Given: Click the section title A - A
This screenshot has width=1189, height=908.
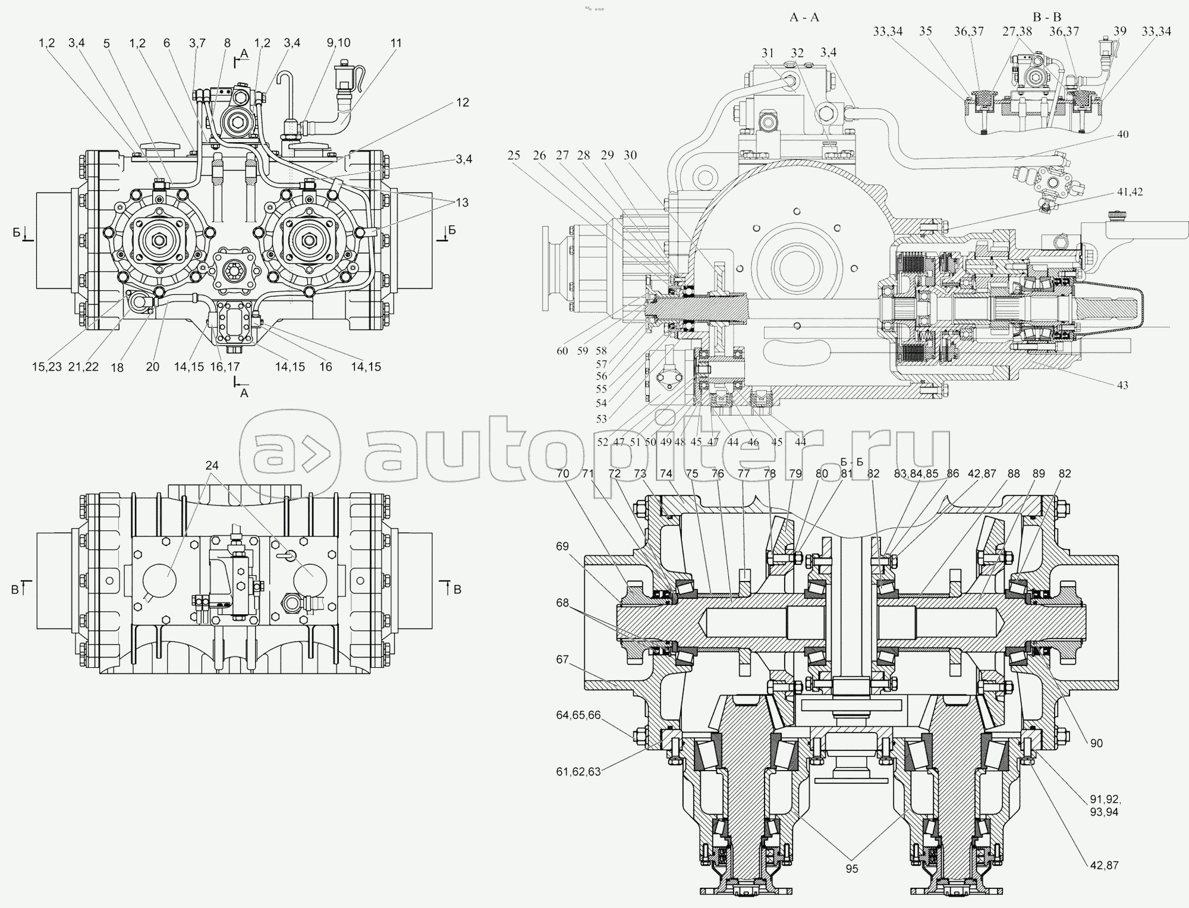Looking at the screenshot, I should (804, 17).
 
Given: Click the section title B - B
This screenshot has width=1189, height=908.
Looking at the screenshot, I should (1047, 17).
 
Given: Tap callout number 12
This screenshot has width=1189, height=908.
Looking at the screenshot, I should (463, 102).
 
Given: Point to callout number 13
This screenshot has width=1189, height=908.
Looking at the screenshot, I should (461, 202).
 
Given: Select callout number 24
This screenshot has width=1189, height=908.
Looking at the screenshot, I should (212, 465).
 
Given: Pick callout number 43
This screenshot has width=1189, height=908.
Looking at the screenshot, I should (1122, 385).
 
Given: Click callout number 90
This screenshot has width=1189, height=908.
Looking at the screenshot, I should (1096, 743).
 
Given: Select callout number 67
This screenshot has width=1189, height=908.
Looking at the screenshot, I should (562, 659).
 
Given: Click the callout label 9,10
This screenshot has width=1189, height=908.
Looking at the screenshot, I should (338, 43).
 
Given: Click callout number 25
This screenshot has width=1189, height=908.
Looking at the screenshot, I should (514, 155).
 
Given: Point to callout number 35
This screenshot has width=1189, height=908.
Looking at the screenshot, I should (925, 31).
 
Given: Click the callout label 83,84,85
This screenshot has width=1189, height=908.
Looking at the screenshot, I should (916, 474).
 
